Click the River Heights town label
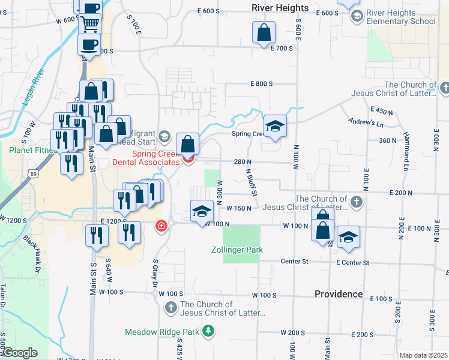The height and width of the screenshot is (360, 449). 280,8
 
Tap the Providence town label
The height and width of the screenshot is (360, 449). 339,294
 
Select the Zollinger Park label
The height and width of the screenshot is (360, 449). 237,250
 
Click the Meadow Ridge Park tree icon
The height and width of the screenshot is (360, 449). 208,331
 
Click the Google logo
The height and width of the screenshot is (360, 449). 19,353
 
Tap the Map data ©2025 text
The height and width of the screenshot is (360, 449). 423,355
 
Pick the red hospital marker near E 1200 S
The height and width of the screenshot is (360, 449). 161,226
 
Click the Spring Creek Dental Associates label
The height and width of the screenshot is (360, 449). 147,158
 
